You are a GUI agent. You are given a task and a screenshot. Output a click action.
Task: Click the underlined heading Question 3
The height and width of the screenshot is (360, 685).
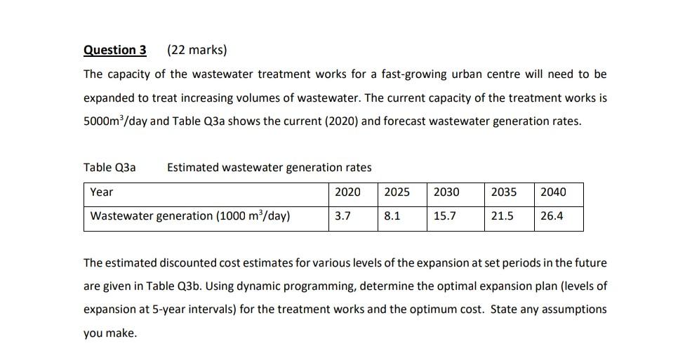coord(115,50)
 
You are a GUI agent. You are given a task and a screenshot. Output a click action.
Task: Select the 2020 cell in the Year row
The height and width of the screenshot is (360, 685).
coord(347,192)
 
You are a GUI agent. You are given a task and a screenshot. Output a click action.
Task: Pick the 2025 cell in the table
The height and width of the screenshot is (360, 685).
coord(397,192)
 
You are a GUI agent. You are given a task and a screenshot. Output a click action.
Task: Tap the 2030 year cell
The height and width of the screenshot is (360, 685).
coord(446,192)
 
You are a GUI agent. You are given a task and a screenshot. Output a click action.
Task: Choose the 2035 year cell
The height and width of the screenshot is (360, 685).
coord(503,192)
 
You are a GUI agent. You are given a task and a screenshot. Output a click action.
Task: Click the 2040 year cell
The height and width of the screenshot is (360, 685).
coord(552,192)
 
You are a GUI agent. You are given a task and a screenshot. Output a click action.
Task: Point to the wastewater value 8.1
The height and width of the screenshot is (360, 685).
coord(392,216)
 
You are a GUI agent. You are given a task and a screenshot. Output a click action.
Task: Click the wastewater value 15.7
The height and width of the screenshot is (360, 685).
coord(444,216)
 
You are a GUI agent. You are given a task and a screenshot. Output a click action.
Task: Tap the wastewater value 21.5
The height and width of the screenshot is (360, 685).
coord(501,216)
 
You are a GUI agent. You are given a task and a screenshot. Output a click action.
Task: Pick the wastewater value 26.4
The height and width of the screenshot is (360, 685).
coord(551,216)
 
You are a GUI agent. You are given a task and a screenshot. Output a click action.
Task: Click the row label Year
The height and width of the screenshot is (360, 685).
coord(102,192)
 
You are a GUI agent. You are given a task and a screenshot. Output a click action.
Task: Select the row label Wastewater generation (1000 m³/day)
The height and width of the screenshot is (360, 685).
coord(190,216)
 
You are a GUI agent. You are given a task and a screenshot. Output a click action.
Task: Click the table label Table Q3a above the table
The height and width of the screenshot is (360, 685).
coord(109,167)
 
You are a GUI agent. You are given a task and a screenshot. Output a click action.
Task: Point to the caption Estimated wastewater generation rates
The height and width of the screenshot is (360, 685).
coord(270,167)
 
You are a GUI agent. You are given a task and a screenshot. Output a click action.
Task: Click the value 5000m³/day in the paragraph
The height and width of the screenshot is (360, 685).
coord(115,121)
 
